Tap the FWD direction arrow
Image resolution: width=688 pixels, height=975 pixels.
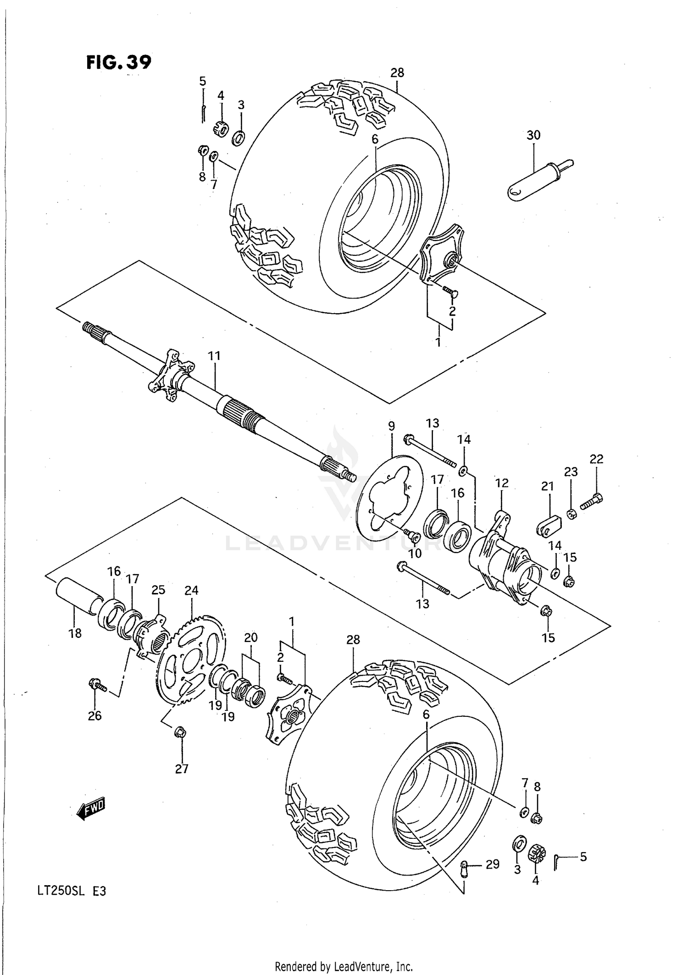tap(91, 809)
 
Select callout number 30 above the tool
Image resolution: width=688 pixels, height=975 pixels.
tap(533, 135)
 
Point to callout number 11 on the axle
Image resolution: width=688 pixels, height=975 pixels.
tap(214, 356)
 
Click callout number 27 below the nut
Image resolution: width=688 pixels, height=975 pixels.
tap(182, 769)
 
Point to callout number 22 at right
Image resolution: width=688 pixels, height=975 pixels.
tap(596, 459)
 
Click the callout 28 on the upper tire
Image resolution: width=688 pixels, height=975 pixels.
tap(397, 72)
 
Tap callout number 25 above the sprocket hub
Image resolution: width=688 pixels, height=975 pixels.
tap(158, 590)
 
